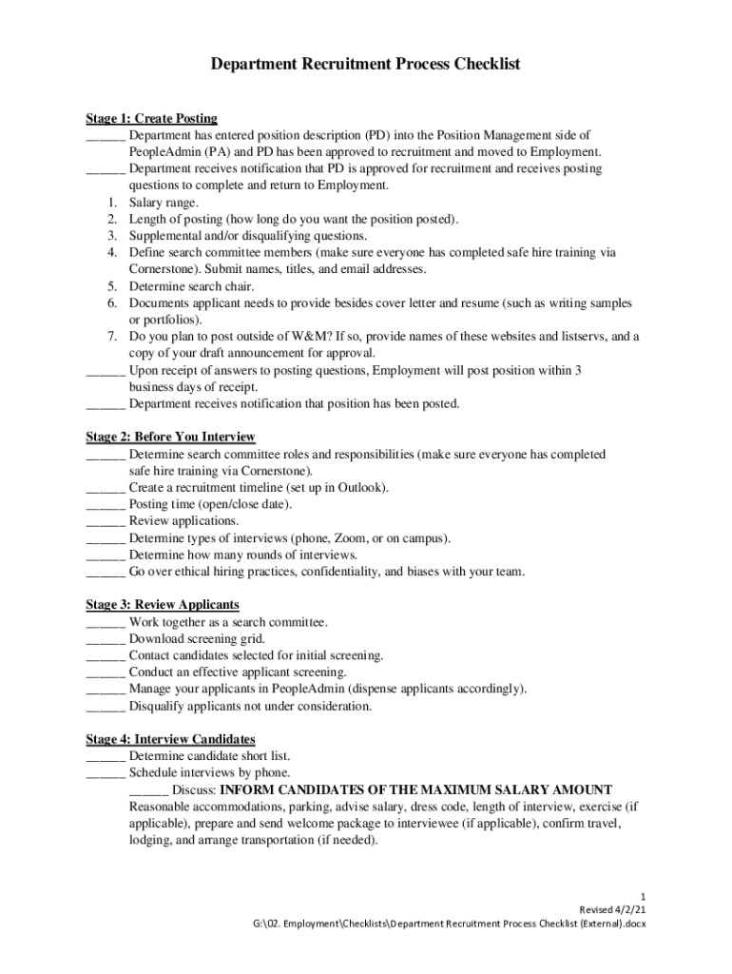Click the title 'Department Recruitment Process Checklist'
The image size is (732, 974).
click(x=365, y=66)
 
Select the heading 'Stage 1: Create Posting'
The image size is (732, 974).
click(x=151, y=119)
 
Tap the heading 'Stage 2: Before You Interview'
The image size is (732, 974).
click(x=170, y=437)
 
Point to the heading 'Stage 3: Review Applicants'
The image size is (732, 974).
click(x=162, y=605)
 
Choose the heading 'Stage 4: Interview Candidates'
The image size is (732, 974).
click(x=170, y=739)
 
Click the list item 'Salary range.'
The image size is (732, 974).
click(x=164, y=203)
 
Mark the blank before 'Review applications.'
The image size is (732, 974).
click(x=105, y=521)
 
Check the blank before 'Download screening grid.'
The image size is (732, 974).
click(x=105, y=639)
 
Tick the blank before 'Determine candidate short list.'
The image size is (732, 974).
click(x=105, y=756)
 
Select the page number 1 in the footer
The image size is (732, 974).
click(x=644, y=897)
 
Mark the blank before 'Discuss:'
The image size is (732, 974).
click(x=148, y=790)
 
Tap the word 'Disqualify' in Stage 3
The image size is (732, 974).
click(x=159, y=707)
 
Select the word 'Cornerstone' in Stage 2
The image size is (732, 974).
click(x=271, y=471)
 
